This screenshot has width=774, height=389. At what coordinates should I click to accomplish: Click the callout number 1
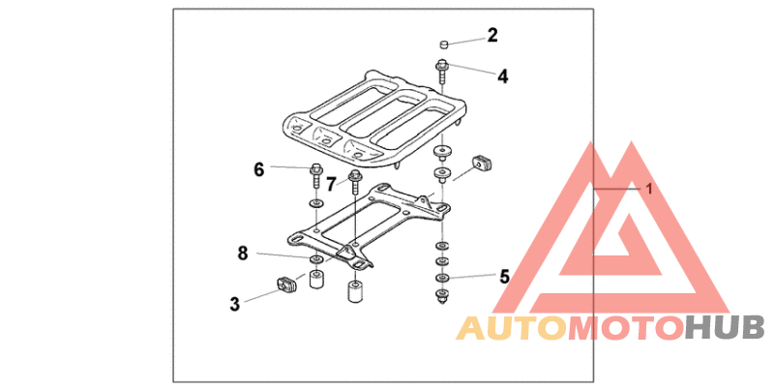pos(649,189)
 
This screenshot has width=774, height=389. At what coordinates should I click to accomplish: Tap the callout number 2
pos(492,36)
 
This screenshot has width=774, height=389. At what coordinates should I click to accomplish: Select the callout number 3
pos(234,304)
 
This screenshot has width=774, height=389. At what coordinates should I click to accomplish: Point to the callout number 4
pos(502,75)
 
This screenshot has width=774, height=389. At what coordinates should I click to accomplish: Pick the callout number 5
pos(504,276)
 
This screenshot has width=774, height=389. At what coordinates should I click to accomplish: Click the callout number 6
pos(259,169)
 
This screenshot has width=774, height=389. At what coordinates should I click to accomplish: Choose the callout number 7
pos(330,182)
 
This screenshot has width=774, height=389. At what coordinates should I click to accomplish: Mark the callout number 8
pos(243,254)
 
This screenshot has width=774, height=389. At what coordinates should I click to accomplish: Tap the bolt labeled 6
pos(316,177)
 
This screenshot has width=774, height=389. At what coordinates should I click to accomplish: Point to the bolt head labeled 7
pos(355,176)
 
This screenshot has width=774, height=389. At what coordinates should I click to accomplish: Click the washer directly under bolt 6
pos(316,204)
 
